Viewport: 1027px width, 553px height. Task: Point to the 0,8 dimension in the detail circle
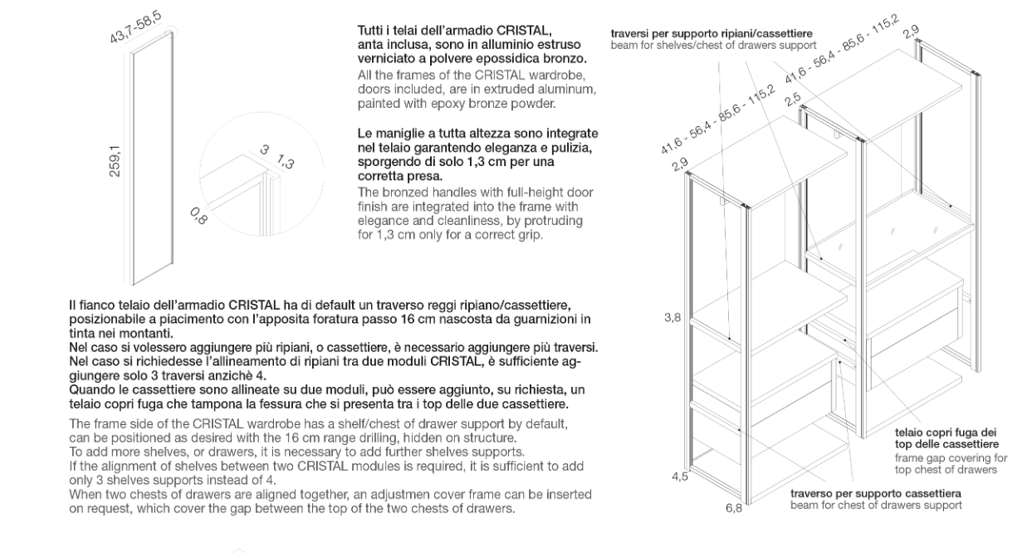point(198,219)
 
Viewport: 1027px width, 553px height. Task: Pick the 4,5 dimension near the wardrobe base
point(680,476)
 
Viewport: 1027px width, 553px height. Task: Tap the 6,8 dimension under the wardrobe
point(734,508)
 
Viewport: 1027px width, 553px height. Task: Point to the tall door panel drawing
point(153,158)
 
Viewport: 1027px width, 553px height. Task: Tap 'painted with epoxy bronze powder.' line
point(454,103)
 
